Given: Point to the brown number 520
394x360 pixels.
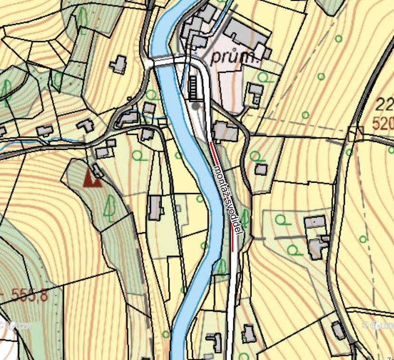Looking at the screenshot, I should pos(383,124).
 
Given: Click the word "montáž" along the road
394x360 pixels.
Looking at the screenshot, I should pos(220,181).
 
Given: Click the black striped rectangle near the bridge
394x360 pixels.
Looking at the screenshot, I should pos(194,88).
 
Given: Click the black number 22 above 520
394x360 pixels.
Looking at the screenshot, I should pos(384,104).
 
